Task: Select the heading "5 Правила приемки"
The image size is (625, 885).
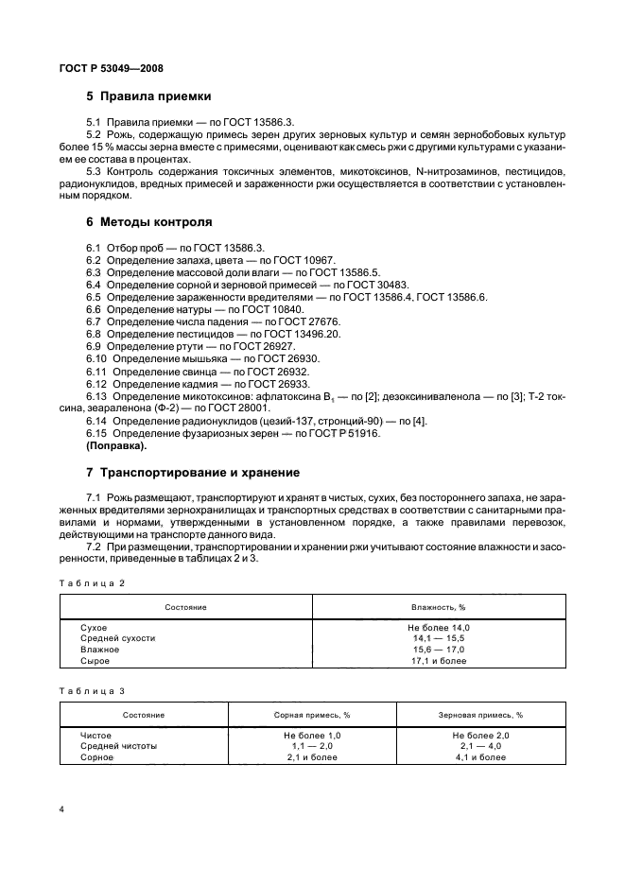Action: click(x=148, y=96)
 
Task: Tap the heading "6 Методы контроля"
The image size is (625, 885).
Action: click(x=149, y=222)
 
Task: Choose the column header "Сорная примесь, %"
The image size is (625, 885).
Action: click(x=312, y=715)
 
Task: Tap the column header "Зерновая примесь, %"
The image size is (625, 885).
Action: click(x=481, y=715)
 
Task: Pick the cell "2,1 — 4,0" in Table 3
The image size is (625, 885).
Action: click(x=481, y=746)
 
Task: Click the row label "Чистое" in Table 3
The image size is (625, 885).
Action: click(x=96, y=735)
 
